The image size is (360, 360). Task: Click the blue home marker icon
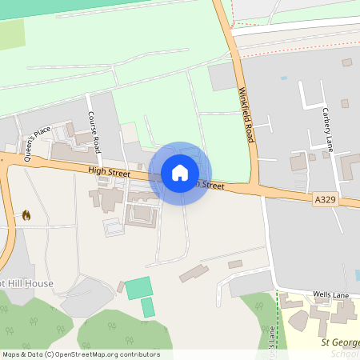point(180,173)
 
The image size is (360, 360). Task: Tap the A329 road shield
point(324,200)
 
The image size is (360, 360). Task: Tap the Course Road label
point(94,134)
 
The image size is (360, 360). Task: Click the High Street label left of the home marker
point(109,170)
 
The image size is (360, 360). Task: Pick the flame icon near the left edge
point(26,215)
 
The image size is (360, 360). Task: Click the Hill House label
point(27,283)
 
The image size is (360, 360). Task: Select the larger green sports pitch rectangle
point(138,287)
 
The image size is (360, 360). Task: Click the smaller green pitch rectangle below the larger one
point(148,307)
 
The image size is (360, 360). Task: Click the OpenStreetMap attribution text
point(80,354)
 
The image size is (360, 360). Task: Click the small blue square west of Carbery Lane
point(283,78)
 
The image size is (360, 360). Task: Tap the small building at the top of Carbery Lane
point(347,62)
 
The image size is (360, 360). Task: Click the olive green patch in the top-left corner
point(12,36)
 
